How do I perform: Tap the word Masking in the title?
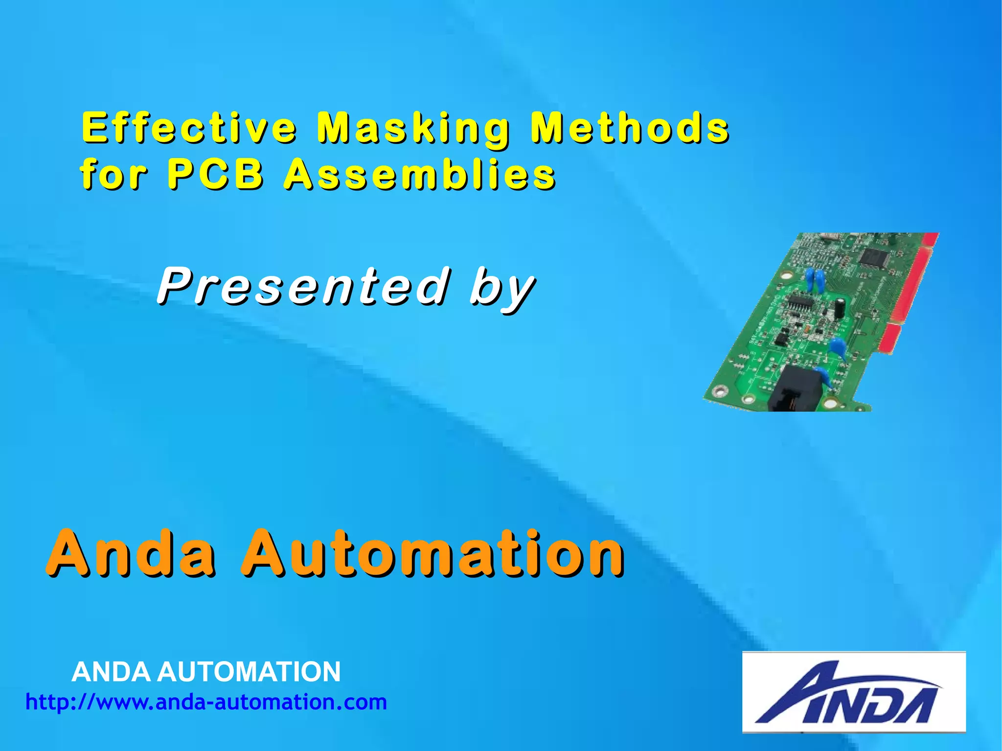click(413, 128)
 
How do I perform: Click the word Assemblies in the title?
click(420, 174)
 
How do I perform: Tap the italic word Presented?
click(303, 286)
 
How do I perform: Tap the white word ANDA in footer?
click(111, 671)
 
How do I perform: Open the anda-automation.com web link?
click(206, 702)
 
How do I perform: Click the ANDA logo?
click(853, 692)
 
